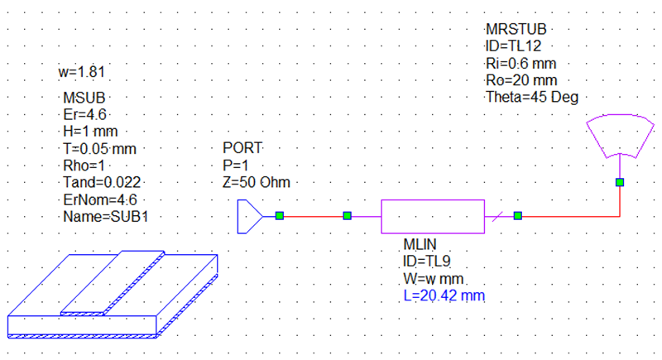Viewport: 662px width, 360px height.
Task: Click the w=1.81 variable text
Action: [x=81, y=72]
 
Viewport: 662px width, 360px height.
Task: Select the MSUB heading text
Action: [x=84, y=98]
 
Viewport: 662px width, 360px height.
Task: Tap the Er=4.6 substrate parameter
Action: [x=84, y=115]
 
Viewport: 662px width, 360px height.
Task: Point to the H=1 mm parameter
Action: [x=90, y=132]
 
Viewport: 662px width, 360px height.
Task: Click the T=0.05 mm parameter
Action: [x=99, y=149]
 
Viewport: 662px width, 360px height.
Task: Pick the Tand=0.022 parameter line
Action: [x=102, y=183]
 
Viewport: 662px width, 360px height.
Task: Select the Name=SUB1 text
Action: [x=106, y=217]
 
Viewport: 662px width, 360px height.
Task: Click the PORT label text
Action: [x=242, y=148]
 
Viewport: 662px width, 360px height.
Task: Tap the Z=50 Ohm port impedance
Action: [x=257, y=182]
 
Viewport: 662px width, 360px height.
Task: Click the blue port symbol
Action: [x=250, y=217]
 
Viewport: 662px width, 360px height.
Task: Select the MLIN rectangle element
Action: [x=433, y=217]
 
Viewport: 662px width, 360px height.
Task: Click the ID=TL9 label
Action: [x=426, y=262]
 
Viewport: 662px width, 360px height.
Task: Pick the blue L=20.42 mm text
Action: [x=444, y=295]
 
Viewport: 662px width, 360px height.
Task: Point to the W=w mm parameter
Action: [x=433, y=279]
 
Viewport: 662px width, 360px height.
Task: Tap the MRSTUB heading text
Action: [x=516, y=30]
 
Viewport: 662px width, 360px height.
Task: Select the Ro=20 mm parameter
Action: [x=521, y=80]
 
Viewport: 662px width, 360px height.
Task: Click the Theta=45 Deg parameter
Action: [x=532, y=97]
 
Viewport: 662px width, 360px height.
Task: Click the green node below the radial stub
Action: [x=620, y=182]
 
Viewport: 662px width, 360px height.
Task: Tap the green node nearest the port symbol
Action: [x=280, y=216]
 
